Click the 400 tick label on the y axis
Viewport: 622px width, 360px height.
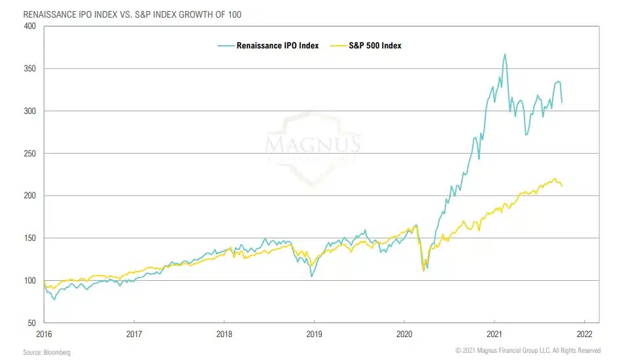(29, 26)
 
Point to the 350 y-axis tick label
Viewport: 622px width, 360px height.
(29, 69)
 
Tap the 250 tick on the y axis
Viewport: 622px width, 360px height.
(29, 154)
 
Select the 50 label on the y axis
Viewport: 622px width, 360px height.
(31, 323)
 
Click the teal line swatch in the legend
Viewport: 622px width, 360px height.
(226, 46)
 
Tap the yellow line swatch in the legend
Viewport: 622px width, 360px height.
(340, 46)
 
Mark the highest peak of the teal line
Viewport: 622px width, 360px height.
(505, 54)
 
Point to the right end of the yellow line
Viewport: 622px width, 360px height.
(562, 187)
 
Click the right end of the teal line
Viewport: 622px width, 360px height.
(562, 102)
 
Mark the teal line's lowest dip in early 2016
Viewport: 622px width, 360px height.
(54, 299)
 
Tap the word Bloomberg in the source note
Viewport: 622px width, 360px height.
(58, 352)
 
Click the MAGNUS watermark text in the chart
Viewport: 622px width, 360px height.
(313, 143)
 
